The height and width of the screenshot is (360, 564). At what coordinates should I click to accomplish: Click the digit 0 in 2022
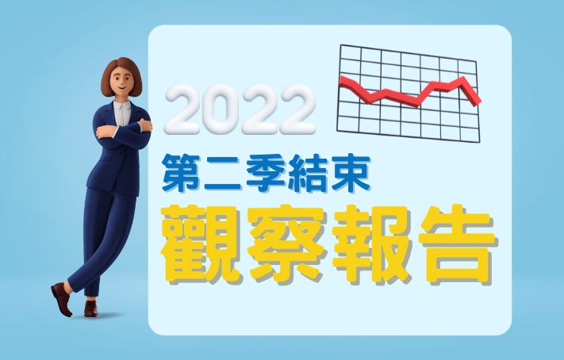click(x=221, y=109)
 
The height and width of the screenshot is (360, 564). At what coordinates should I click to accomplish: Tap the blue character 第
click(x=181, y=173)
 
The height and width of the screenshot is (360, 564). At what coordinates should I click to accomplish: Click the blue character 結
click(x=308, y=173)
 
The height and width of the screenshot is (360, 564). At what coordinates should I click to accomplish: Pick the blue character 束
click(x=351, y=173)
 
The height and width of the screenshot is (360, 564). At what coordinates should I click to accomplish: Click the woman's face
click(x=121, y=81)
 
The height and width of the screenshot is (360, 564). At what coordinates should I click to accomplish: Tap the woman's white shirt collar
click(x=122, y=107)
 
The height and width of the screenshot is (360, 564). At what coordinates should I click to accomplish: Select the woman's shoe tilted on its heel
click(x=62, y=298)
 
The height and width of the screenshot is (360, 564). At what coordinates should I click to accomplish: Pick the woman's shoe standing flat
click(x=91, y=308)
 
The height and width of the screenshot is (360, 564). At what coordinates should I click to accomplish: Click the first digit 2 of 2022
click(x=182, y=109)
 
